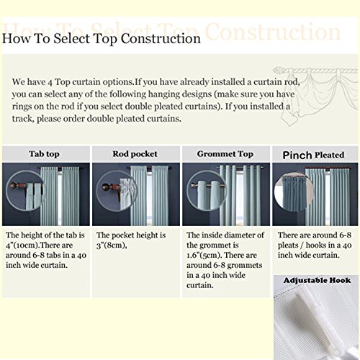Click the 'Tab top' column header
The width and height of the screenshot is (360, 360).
point(44,154)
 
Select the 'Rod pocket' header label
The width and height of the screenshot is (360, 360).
point(135,154)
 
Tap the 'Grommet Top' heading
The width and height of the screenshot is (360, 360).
point(225,154)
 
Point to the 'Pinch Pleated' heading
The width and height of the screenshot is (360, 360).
point(313,155)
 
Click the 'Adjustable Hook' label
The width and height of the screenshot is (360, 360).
point(317,280)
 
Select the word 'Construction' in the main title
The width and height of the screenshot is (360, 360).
point(161,39)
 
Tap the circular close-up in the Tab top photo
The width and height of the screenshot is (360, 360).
point(25,191)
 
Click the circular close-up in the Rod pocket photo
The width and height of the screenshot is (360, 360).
point(116,191)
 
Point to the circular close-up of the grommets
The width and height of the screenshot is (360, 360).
point(206,191)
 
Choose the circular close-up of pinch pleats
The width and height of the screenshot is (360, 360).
point(294,192)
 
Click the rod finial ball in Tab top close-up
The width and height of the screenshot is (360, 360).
point(12,185)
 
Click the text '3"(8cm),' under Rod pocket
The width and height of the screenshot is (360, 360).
point(112,246)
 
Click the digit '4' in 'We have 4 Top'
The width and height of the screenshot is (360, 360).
point(50,83)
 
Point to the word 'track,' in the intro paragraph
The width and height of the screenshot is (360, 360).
point(23,119)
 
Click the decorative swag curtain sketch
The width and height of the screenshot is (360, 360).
point(315,96)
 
